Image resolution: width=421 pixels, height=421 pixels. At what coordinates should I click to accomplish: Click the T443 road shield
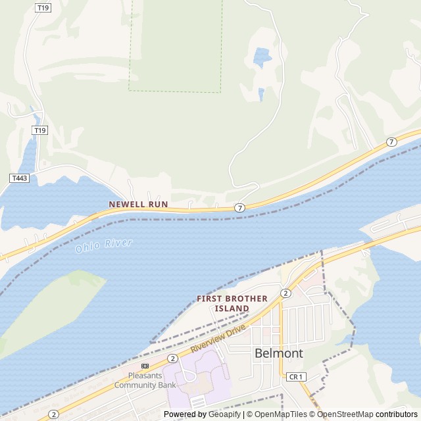pyautogui.click(x=18, y=178)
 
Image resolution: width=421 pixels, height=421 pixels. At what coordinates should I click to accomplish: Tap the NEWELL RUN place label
pyautogui.click(x=138, y=205)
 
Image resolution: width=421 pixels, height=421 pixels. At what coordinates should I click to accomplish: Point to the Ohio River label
pyautogui.click(x=103, y=246)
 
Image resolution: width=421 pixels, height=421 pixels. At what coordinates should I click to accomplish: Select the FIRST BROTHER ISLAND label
pyautogui.click(x=232, y=303)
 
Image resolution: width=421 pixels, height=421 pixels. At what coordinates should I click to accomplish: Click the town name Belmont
pyautogui.click(x=279, y=353)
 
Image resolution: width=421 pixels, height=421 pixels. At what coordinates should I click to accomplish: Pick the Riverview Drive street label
pyautogui.click(x=218, y=338)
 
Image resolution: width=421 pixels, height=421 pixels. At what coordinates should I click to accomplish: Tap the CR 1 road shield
pyautogui.click(x=296, y=376)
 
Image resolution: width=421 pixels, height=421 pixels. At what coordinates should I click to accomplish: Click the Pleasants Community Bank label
pyautogui.click(x=145, y=381)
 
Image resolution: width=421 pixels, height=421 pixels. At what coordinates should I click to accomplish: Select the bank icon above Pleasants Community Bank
pyautogui.click(x=145, y=366)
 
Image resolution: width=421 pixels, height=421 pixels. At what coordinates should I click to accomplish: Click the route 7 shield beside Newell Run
pyautogui.click(x=239, y=208)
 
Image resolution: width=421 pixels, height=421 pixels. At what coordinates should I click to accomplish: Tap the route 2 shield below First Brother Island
pyautogui.click(x=285, y=293)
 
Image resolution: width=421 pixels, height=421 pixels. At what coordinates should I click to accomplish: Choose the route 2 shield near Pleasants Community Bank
pyautogui.click(x=172, y=359)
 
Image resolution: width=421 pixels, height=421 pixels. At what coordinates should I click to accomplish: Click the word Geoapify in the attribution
pyautogui.click(x=225, y=414)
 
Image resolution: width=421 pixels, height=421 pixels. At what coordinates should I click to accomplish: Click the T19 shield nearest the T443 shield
pyautogui.click(x=41, y=130)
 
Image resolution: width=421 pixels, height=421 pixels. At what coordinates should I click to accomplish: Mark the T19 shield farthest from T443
pyautogui.click(x=43, y=8)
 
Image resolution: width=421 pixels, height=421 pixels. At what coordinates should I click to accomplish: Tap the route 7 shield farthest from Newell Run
pyautogui.click(x=391, y=141)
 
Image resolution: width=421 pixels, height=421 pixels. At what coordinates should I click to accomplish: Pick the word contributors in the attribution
pyautogui.click(x=397, y=414)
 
